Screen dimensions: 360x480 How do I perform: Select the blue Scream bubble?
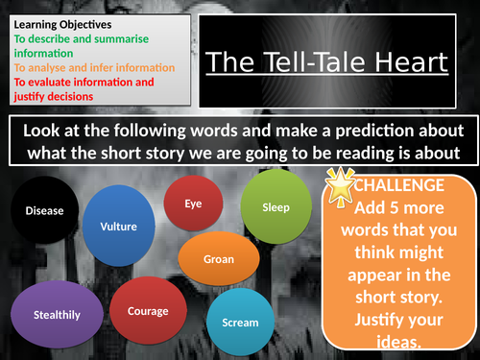tap(239, 322)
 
